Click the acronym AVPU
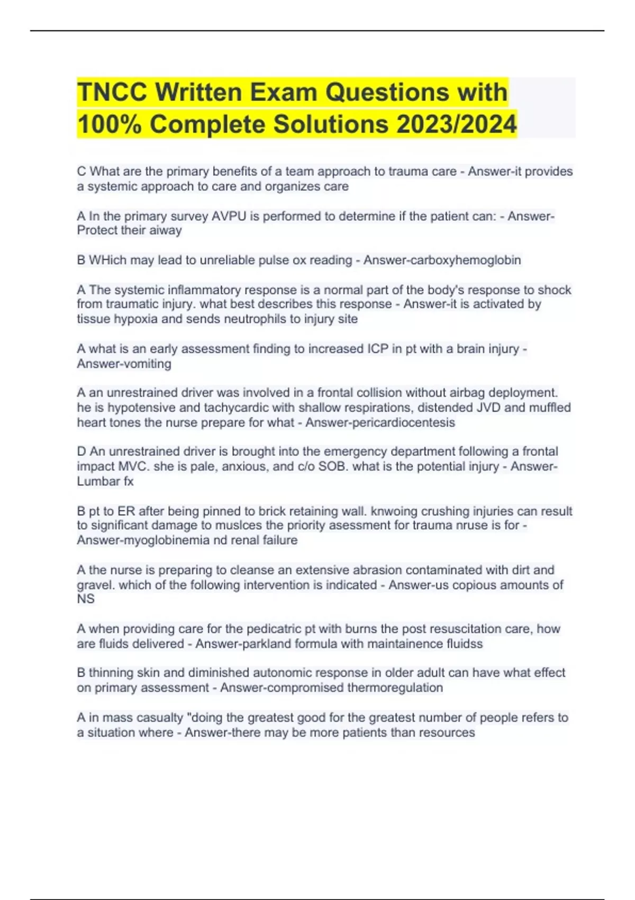coord(229,216)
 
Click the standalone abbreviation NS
coord(86,599)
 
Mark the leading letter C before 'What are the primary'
coord(81,172)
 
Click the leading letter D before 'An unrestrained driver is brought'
coord(81,452)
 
